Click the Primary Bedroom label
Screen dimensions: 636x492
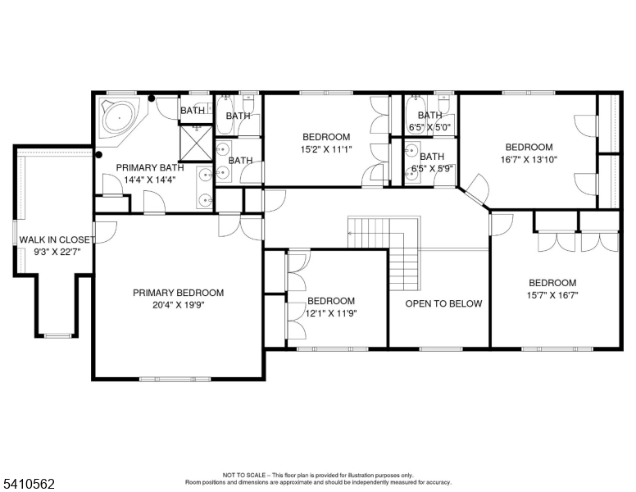click(178, 293)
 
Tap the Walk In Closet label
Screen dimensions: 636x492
click(57, 239)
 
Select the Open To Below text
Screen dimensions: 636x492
click(443, 303)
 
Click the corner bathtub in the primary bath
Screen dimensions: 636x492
click(120, 118)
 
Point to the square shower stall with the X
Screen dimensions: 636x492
click(196, 143)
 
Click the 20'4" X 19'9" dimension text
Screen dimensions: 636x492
click(179, 305)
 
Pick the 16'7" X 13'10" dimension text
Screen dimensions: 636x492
click(529, 159)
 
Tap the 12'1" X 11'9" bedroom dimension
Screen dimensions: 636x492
click(331, 313)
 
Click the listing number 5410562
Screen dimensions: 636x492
click(29, 484)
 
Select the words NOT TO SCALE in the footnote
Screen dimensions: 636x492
click(244, 475)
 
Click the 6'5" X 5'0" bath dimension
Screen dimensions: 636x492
click(430, 127)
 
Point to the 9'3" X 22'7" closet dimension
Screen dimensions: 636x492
click(57, 252)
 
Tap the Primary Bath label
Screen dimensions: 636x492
click(150, 167)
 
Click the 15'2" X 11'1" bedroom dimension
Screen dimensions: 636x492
click(326, 149)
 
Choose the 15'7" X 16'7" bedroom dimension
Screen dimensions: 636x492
click(552, 295)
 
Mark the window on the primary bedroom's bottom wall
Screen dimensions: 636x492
click(175, 379)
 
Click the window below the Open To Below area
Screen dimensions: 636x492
click(441, 348)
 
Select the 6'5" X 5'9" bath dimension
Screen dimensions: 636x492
click(433, 168)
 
